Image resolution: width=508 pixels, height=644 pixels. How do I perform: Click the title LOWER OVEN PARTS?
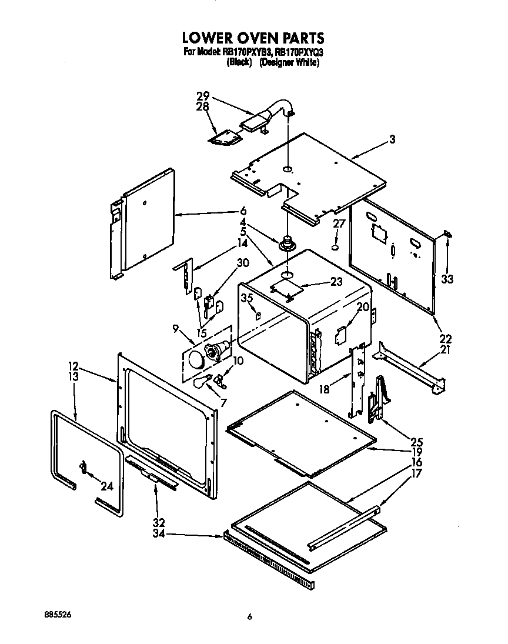tap(253, 38)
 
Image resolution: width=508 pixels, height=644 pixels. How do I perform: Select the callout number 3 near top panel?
tap(392, 139)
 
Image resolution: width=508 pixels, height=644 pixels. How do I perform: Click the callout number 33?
tap(448, 279)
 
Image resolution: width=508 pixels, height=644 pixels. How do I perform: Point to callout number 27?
tap(339, 223)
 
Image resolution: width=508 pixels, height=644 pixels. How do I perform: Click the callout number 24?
tap(106, 486)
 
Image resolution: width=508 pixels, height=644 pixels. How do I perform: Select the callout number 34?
tap(158, 535)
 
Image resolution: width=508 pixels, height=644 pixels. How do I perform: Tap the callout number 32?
tap(158, 522)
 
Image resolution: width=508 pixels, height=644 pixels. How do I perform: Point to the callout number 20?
tap(363, 306)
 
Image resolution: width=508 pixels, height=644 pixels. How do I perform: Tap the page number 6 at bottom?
tap(250, 616)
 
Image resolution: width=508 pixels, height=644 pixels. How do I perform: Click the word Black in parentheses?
tap(239, 62)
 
